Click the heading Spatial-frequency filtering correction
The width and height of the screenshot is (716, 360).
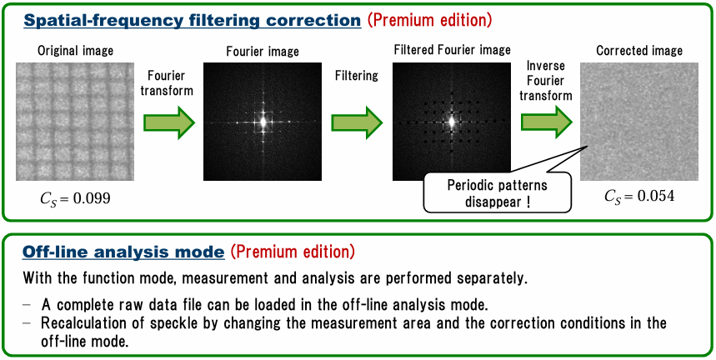click(x=193, y=21)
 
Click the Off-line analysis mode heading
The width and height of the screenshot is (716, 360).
click(x=123, y=252)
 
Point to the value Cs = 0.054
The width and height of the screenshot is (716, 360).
click(x=638, y=196)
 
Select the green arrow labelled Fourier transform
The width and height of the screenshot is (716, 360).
click(x=169, y=122)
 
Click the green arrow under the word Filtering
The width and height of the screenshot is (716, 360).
click(x=357, y=122)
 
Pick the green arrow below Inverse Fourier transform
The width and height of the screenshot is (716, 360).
click(x=547, y=122)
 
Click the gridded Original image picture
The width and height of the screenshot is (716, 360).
click(x=74, y=122)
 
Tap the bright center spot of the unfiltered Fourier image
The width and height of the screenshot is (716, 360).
click(x=263, y=122)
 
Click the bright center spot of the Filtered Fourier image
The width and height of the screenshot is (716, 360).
click(x=452, y=122)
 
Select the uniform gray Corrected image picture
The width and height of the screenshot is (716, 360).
click(x=639, y=122)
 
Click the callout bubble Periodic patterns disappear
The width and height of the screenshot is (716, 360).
click(x=498, y=192)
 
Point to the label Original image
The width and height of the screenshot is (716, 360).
click(x=75, y=51)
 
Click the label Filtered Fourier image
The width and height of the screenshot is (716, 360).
click(x=452, y=49)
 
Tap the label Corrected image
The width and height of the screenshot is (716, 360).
click(x=639, y=51)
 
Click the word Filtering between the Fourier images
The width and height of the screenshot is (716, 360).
click(x=356, y=76)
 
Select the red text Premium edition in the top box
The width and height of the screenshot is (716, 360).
click(x=430, y=21)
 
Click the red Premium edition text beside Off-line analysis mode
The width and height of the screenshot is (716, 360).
click(x=293, y=252)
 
